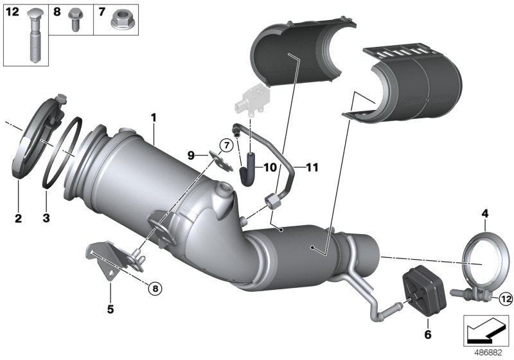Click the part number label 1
(x=154, y=117)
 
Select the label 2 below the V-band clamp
(x=18, y=219)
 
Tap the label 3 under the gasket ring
(x=46, y=219)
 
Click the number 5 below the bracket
(x=110, y=310)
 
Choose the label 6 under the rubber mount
(x=428, y=334)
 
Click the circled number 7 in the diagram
(x=226, y=145)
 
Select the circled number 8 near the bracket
(x=154, y=288)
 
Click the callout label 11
(x=312, y=167)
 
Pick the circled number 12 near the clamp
(x=504, y=297)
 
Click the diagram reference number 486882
(x=489, y=352)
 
